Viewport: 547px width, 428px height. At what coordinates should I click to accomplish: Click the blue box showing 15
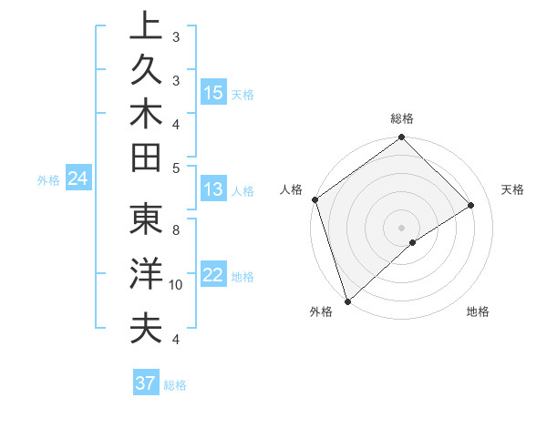tap(213, 93)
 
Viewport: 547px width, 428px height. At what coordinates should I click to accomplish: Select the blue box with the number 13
tap(213, 190)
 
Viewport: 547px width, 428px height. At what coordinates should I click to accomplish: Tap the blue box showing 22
tap(213, 276)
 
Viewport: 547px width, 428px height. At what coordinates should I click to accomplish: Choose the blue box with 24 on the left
tap(78, 179)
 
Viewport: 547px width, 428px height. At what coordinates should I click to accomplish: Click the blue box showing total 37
tap(146, 383)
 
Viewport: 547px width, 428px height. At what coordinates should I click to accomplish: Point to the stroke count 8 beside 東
tap(176, 230)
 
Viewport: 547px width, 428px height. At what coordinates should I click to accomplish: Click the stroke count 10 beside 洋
tap(176, 285)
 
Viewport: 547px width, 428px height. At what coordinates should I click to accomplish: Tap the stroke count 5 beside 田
tap(176, 168)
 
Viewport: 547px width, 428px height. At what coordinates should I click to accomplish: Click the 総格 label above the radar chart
tap(402, 118)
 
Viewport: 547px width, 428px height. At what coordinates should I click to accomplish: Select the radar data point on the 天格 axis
tap(471, 205)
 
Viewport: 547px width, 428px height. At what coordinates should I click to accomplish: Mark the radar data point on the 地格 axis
tap(413, 242)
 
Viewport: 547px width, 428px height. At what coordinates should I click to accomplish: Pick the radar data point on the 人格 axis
tap(315, 199)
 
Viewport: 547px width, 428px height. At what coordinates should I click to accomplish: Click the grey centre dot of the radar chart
tap(401, 227)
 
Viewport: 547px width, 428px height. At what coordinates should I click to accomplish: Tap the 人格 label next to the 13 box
tap(243, 191)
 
